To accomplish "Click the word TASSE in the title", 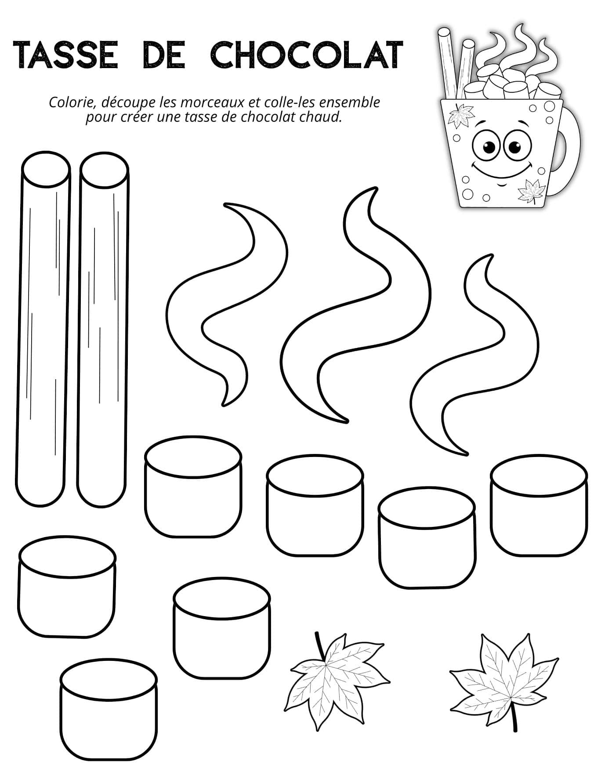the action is [x=66, y=55].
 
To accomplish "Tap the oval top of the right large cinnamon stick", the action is [x=105, y=172].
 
